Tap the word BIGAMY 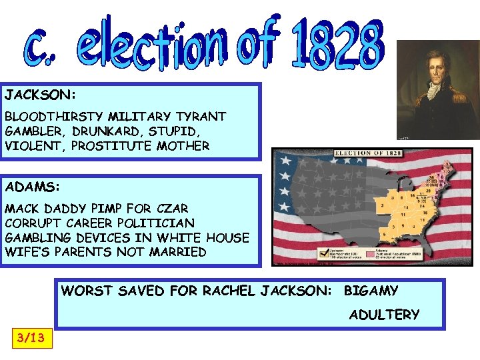[x=371, y=291]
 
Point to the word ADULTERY [x=385, y=315]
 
